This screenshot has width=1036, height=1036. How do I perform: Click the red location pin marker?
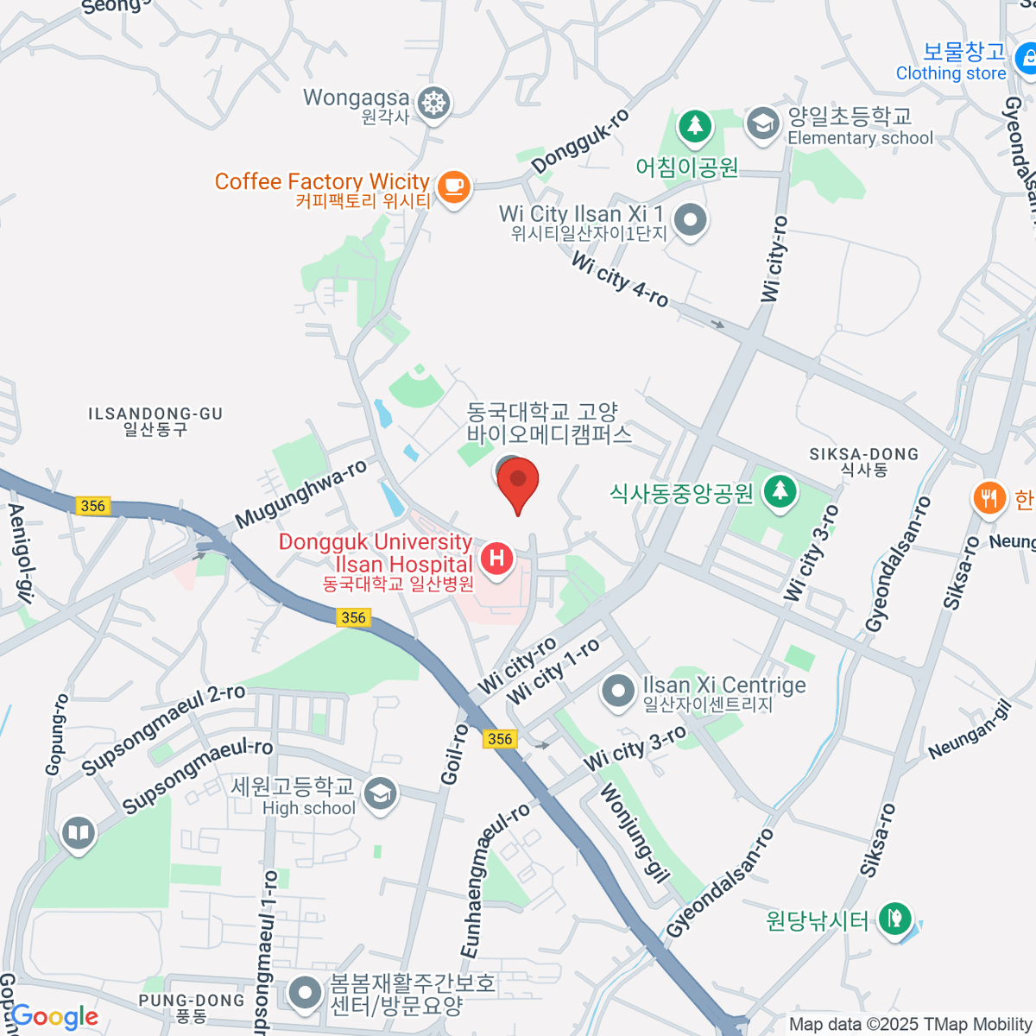(518, 483)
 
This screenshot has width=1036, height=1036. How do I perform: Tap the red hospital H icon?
(496, 558)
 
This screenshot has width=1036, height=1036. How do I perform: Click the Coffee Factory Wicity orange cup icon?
(453, 186)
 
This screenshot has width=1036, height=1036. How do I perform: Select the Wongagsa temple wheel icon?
(433, 104)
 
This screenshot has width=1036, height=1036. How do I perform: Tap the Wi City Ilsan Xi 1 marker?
(690, 220)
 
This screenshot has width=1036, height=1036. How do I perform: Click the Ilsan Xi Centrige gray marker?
(617, 692)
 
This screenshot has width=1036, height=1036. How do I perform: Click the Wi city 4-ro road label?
(620, 279)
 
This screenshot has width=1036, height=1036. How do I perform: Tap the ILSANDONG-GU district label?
(155, 420)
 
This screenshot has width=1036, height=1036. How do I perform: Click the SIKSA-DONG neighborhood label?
(863, 461)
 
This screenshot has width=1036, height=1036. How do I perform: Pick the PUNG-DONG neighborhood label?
(191, 1008)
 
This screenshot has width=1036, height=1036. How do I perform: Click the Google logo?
(54, 1016)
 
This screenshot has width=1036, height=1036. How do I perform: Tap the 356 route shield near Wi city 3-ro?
(500, 738)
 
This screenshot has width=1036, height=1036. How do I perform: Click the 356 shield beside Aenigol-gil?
(92, 506)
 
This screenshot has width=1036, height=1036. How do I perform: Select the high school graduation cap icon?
(379, 796)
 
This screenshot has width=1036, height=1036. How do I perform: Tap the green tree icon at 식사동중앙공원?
(780, 491)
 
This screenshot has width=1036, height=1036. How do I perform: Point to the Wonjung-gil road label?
(635, 834)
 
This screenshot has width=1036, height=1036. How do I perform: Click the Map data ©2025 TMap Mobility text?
(911, 1024)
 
